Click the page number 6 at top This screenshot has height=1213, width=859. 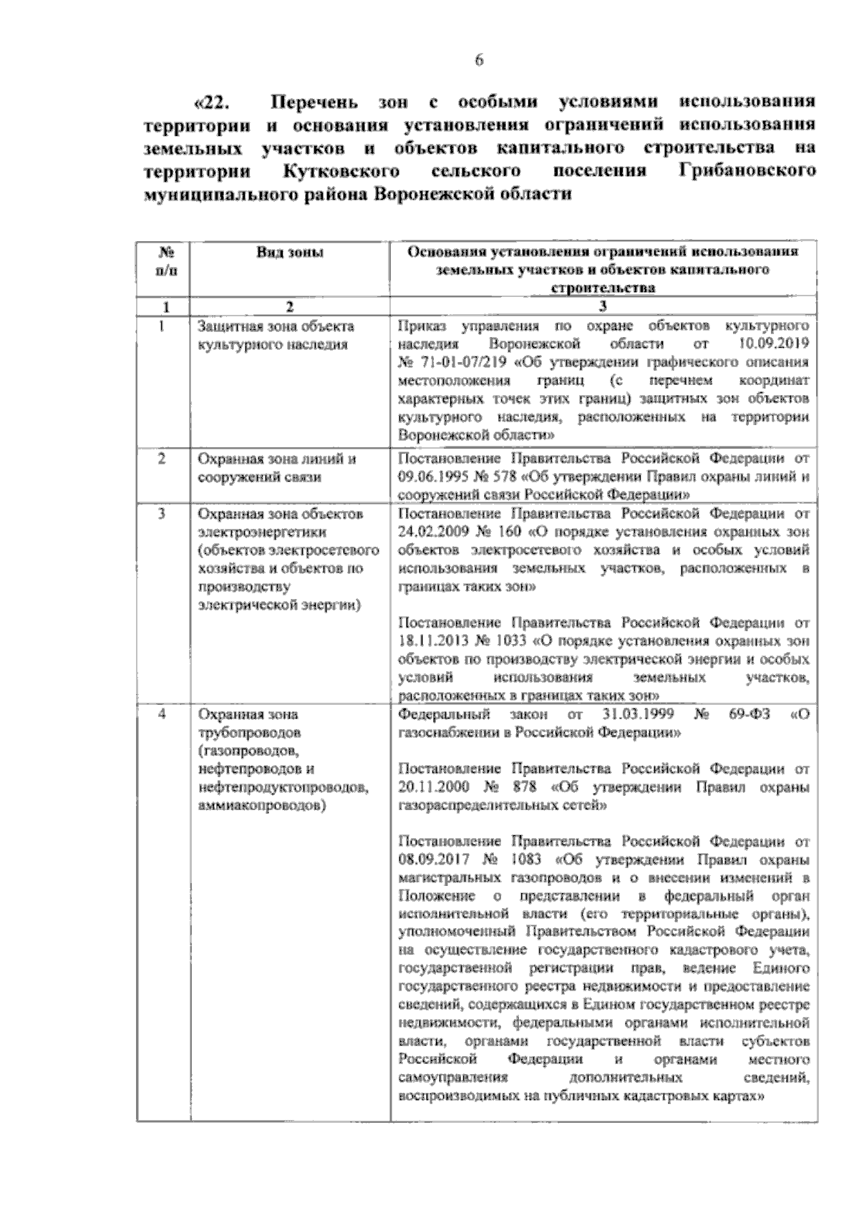coord(479,61)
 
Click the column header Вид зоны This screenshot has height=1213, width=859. coord(289,252)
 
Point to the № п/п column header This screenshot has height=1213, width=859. coord(164,261)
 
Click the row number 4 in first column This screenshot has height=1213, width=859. coord(162,714)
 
